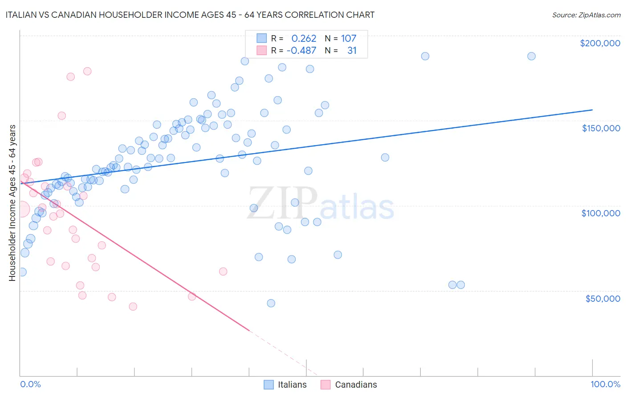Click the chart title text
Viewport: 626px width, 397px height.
[x=190, y=15]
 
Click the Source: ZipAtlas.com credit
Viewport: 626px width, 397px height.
[x=586, y=15]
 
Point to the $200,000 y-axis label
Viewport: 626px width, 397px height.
[x=600, y=43]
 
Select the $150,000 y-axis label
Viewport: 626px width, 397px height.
[x=601, y=128]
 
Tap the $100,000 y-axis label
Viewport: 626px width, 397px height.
[x=601, y=213]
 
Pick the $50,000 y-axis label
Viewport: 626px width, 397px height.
[x=602, y=298]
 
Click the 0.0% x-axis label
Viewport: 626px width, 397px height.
[x=30, y=384]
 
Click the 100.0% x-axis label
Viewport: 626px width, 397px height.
[x=605, y=384]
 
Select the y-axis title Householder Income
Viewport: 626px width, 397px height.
[x=12, y=203]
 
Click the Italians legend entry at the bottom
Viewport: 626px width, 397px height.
[x=285, y=385]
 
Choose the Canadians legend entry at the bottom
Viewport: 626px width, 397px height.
[x=349, y=385]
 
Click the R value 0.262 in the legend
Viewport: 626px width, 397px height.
[x=304, y=39]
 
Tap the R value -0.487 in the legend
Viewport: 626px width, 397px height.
[x=301, y=51]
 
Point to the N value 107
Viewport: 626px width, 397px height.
[x=349, y=39]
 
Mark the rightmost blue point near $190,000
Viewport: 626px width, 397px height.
[x=531, y=56]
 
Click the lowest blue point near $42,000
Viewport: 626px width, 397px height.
[x=271, y=303]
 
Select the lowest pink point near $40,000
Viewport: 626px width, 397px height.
[x=133, y=306]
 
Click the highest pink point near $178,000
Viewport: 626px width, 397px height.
[x=87, y=71]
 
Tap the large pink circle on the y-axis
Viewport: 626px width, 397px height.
[x=21, y=209]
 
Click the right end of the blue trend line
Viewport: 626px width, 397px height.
[x=592, y=109]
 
